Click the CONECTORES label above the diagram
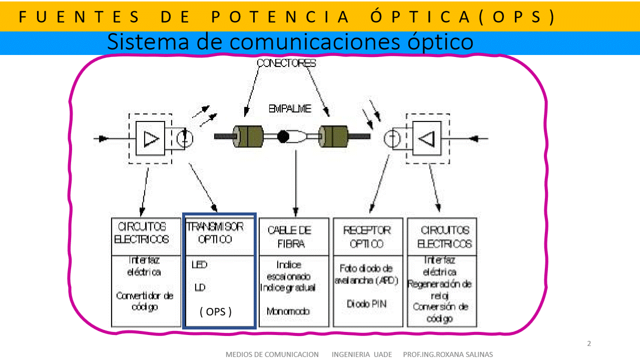(x=286, y=63)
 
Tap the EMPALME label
(x=290, y=108)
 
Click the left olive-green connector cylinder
(x=248, y=136)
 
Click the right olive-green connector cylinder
(x=333, y=136)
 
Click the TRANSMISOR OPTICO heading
(x=215, y=233)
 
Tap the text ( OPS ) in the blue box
(x=216, y=312)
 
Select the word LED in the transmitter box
(x=199, y=264)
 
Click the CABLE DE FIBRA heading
(x=289, y=237)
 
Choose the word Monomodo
(x=288, y=311)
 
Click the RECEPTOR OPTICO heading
(x=367, y=237)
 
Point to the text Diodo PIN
(x=367, y=304)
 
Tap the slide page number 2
(x=589, y=343)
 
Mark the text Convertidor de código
(x=145, y=301)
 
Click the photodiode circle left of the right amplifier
(x=392, y=139)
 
